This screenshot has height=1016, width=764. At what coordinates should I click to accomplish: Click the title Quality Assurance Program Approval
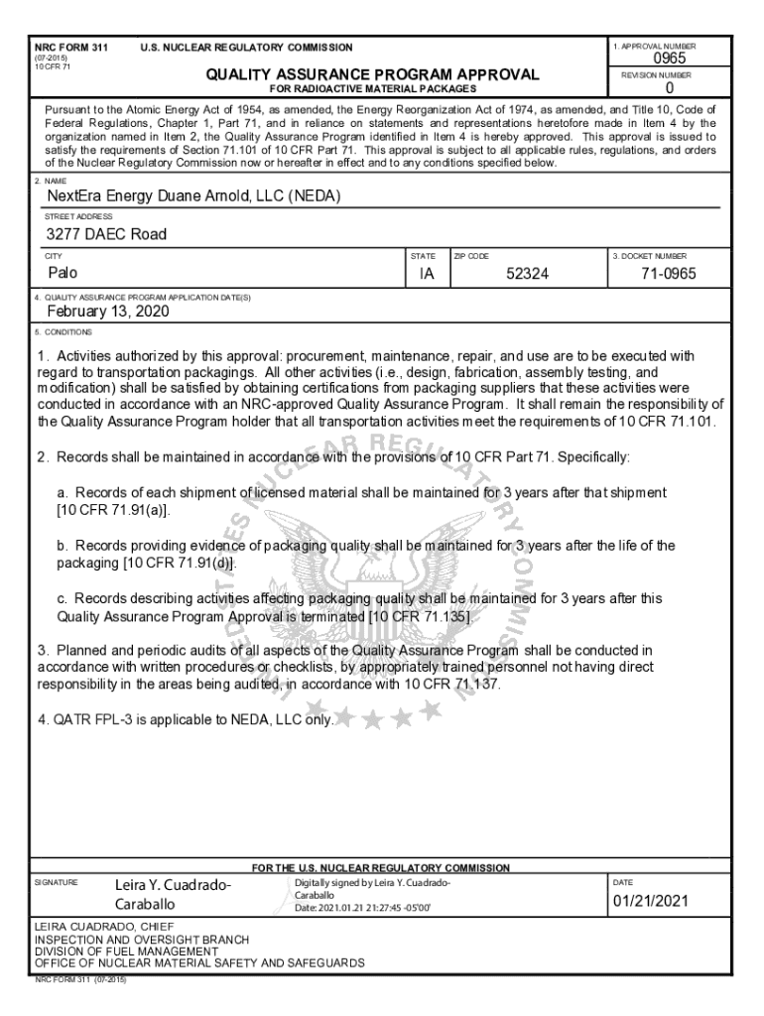point(372,74)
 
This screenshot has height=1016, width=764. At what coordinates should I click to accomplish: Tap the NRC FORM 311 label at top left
point(71,48)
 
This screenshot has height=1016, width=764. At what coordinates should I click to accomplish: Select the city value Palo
point(64,272)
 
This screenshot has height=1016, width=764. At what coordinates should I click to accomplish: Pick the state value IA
point(427,273)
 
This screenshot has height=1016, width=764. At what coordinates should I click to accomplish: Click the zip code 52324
point(527,273)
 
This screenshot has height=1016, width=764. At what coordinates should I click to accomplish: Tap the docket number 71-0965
point(669,273)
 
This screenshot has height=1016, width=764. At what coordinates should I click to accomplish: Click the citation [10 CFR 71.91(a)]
point(113,510)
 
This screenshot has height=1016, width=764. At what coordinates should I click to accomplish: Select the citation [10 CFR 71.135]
point(418,616)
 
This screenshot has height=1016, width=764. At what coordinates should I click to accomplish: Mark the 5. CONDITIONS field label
point(64,331)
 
